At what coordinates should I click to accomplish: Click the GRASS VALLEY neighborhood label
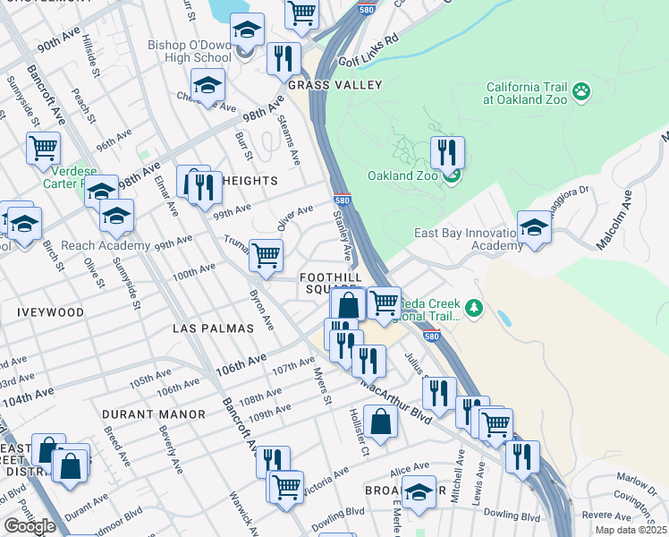(335, 85)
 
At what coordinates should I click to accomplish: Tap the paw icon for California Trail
(582, 90)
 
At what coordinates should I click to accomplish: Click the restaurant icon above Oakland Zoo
(447, 152)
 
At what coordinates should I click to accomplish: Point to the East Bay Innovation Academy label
(467, 240)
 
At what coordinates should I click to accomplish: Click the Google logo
(30, 526)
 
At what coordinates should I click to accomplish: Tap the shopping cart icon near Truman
(266, 255)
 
